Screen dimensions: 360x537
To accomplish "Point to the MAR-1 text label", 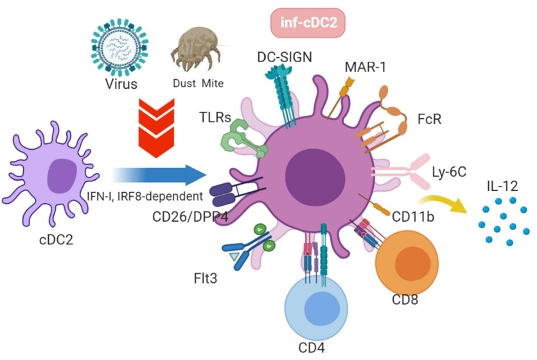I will [364, 66].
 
